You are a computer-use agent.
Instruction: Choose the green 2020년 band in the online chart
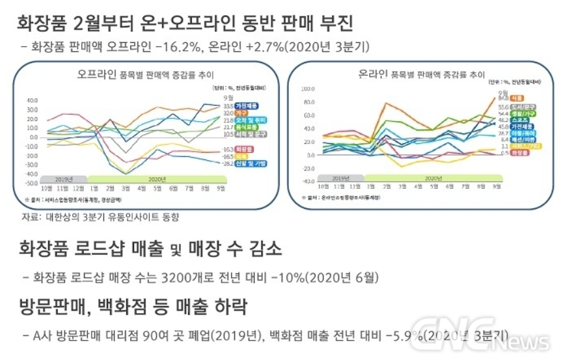pos(432,177)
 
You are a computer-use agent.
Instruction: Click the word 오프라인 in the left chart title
pos(96,74)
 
